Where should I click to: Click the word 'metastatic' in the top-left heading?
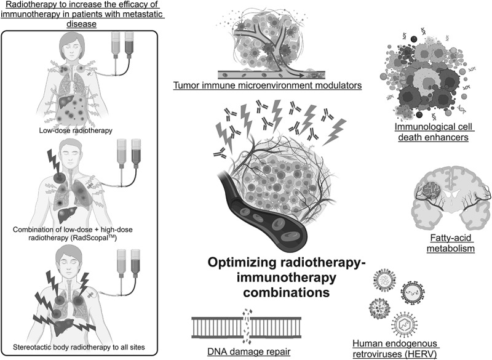click(131, 15)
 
